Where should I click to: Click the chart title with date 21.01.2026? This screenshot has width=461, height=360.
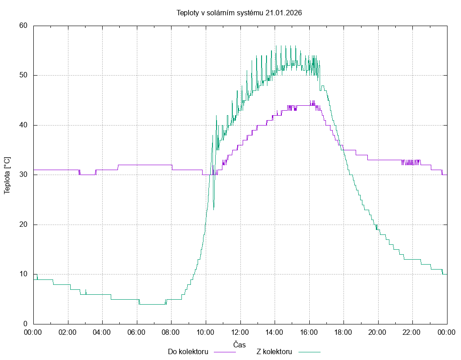tap(239, 13)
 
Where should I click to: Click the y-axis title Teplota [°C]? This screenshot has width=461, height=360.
tap(7, 175)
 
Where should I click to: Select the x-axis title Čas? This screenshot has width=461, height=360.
tap(240, 344)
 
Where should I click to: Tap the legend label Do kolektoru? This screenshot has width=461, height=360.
tap(188, 351)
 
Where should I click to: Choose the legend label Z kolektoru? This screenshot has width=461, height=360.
tap(275, 351)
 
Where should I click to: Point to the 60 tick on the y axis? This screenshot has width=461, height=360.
tap(23, 26)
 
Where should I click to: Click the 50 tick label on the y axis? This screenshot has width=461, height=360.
tap(23, 75)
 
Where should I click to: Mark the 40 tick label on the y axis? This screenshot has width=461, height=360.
tap(23, 125)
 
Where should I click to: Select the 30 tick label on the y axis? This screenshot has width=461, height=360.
tap(23, 175)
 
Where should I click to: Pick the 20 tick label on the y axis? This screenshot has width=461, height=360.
tap(23, 225)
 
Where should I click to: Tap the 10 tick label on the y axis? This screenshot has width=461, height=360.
tap(23, 274)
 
